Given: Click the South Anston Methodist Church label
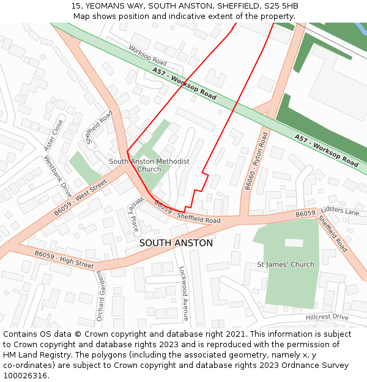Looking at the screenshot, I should coord(149,165).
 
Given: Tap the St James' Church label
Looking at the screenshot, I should coord(286,265).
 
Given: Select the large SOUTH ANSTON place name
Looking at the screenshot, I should coord(176,243).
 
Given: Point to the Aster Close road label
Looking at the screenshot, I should coord(54,135).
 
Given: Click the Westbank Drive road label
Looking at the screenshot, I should coord(57,177).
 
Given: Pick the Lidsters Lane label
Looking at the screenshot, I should coord(340,211).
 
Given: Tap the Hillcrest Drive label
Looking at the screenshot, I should coord(327,317).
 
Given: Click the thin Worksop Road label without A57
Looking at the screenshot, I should coord(147,55).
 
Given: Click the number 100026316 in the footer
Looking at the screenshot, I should coord(25,376).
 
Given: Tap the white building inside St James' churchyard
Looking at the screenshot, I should coord(294,243).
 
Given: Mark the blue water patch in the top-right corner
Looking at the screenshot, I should coord(360,28).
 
